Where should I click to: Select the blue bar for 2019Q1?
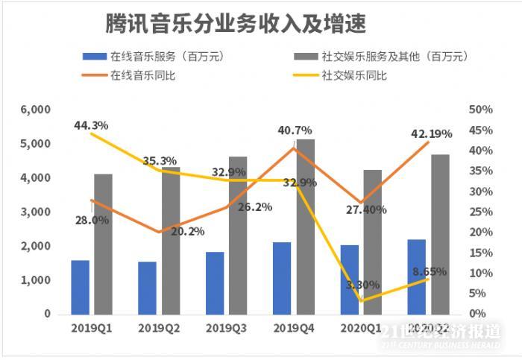80,287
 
